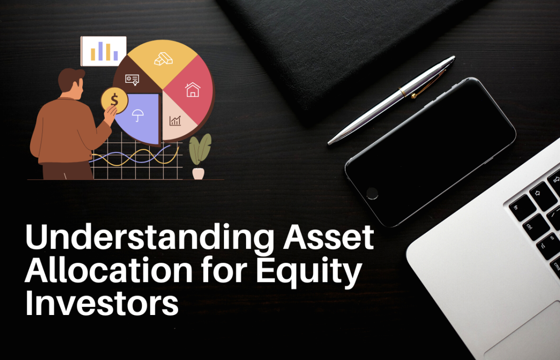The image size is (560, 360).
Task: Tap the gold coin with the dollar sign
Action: coord(114,100)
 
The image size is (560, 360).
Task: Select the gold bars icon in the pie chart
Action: coord(163,59)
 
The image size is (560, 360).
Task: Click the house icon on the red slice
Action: coord(192,90)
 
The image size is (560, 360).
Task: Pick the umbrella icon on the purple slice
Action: coord(139,115)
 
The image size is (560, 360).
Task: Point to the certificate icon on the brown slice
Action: coord(132,79)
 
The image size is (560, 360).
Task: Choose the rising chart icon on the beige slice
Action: coord(175,121)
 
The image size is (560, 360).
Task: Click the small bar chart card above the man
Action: coord(104,51)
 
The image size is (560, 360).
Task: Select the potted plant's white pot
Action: coord(198,173)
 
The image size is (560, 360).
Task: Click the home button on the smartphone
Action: coord(372,193)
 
